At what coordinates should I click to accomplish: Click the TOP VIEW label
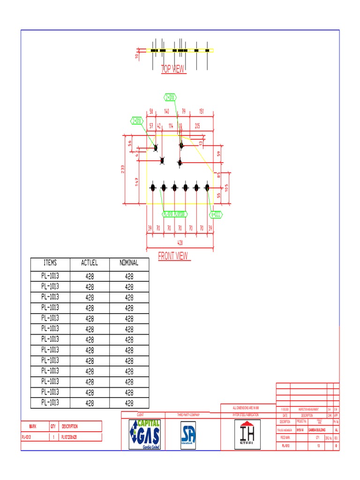pyautogui.click(x=173, y=69)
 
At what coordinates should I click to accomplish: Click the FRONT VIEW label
pyautogui.click(x=173, y=256)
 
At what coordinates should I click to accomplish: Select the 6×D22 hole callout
pyautogui.click(x=216, y=214)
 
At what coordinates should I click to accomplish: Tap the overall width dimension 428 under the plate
pyautogui.click(x=180, y=243)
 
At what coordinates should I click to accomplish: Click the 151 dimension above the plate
pyautogui.click(x=201, y=112)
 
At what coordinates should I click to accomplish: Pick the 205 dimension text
pyautogui.click(x=197, y=126)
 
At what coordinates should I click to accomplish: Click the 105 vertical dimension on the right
pyautogui.click(x=226, y=187)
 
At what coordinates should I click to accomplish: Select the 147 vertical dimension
pyautogui.click(x=137, y=181)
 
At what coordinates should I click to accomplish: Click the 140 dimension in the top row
pyautogui.click(x=166, y=112)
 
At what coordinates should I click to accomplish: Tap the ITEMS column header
pyautogui.click(x=50, y=263)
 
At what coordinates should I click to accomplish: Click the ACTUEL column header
pyautogui.click(x=89, y=263)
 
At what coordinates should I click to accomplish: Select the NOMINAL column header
pyautogui.click(x=129, y=263)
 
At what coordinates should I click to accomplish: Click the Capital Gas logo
pyautogui.click(x=144, y=435)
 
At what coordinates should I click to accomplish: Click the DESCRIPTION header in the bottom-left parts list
pyautogui.click(x=70, y=427)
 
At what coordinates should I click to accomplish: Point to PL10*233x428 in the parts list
pyautogui.click(x=69, y=437)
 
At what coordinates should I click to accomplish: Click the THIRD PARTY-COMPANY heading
pyautogui.click(x=188, y=415)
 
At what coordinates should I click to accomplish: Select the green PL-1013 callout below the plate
pyautogui.click(x=175, y=214)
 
